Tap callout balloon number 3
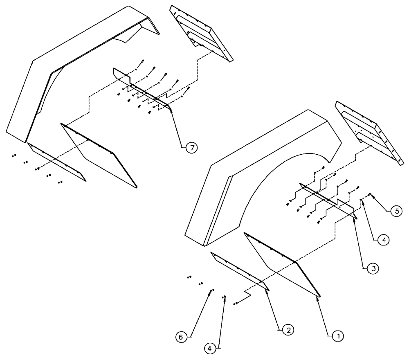(372, 270)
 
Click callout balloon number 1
(337, 336)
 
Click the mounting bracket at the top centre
(200, 31)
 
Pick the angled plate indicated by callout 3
(327, 198)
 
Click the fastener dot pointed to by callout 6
(212, 290)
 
